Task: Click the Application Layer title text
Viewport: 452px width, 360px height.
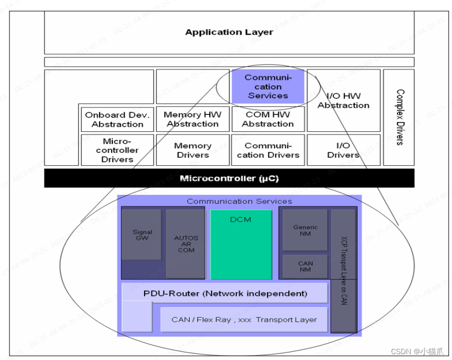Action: [x=229, y=32]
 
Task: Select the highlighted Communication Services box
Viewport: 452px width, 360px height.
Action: [x=268, y=87]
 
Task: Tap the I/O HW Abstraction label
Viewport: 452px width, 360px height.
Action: [x=343, y=101]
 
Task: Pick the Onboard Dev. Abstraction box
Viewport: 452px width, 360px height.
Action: [x=117, y=120]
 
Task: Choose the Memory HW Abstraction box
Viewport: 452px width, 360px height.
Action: [x=192, y=119]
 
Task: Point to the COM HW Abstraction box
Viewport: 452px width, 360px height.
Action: [x=268, y=119]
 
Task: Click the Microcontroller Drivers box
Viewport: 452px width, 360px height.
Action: [x=117, y=150]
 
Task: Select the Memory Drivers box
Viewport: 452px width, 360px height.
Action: [x=192, y=150]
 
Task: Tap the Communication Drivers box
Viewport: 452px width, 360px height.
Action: [x=268, y=150]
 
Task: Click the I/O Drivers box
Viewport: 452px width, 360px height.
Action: [x=343, y=150]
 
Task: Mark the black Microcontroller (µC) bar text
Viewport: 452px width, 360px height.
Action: [x=229, y=178]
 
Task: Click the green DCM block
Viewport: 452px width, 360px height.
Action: [x=241, y=244]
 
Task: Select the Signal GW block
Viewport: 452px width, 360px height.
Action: [x=142, y=235]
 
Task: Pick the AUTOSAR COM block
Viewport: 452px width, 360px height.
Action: [x=185, y=244]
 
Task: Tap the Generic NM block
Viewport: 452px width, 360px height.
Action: [x=305, y=230]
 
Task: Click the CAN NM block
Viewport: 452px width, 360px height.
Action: [x=305, y=266]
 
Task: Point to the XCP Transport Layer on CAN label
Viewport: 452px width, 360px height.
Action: [x=343, y=270]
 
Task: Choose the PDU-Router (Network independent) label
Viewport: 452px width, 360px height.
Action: [x=225, y=293]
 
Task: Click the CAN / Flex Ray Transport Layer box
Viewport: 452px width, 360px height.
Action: [x=244, y=320]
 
